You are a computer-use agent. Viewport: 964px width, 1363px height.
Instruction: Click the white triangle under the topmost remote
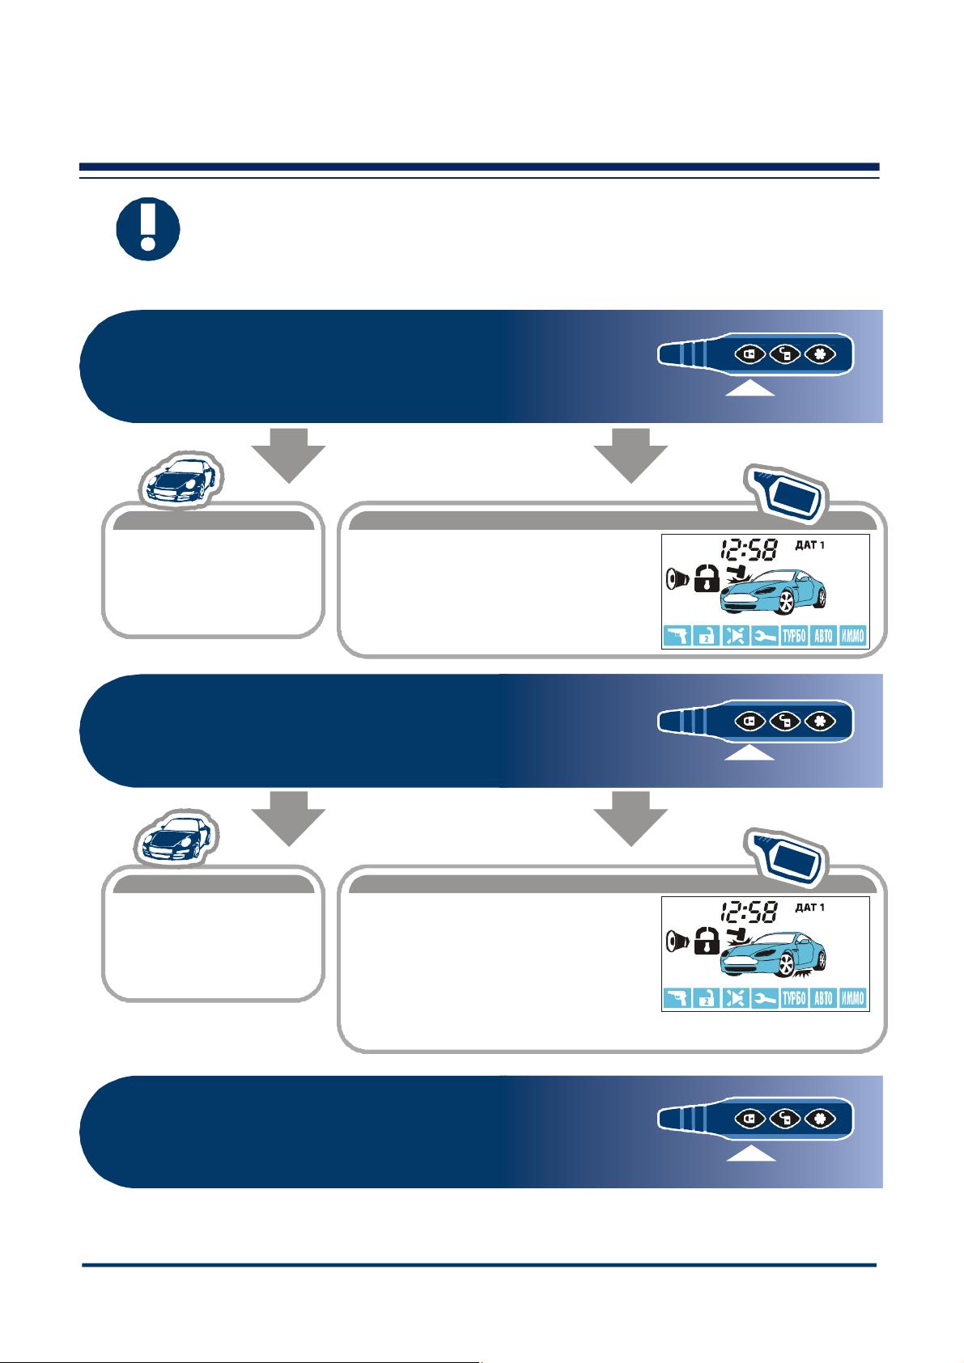click(750, 388)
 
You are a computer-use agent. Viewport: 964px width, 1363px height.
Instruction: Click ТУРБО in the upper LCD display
click(794, 636)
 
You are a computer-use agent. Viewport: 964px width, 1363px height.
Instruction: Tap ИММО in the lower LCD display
click(852, 998)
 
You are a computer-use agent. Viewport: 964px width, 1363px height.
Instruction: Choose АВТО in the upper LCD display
click(823, 636)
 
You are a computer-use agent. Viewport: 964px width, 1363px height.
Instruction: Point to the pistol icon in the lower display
click(677, 998)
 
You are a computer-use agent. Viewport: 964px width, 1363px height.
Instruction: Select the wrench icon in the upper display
click(764, 636)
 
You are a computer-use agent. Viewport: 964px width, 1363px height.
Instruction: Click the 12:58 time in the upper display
click(749, 550)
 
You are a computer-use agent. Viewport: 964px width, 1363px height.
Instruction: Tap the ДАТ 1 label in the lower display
click(810, 908)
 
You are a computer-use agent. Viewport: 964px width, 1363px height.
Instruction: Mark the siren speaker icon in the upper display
click(677, 578)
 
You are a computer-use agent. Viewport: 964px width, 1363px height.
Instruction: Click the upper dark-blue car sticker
click(181, 480)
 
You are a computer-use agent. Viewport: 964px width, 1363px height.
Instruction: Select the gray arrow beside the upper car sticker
click(289, 455)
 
